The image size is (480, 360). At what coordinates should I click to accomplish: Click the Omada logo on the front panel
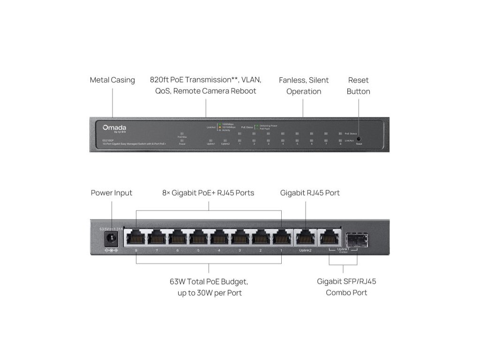click(x=114, y=127)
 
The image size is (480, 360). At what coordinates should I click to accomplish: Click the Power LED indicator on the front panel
click(x=182, y=140)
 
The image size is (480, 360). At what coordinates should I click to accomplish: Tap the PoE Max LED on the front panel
click(x=182, y=133)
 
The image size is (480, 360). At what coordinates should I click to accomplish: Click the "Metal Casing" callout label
click(x=112, y=80)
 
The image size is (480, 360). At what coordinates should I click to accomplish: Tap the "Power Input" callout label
click(x=112, y=193)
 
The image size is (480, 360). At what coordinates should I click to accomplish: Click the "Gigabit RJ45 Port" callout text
click(x=310, y=193)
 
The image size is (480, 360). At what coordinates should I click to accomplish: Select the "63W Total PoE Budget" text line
click(x=209, y=282)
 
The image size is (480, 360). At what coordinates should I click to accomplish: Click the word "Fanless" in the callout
click(x=292, y=80)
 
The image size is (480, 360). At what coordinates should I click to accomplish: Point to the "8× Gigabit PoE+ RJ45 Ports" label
click(x=209, y=193)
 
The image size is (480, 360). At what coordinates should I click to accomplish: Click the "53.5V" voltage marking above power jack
click(x=105, y=229)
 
